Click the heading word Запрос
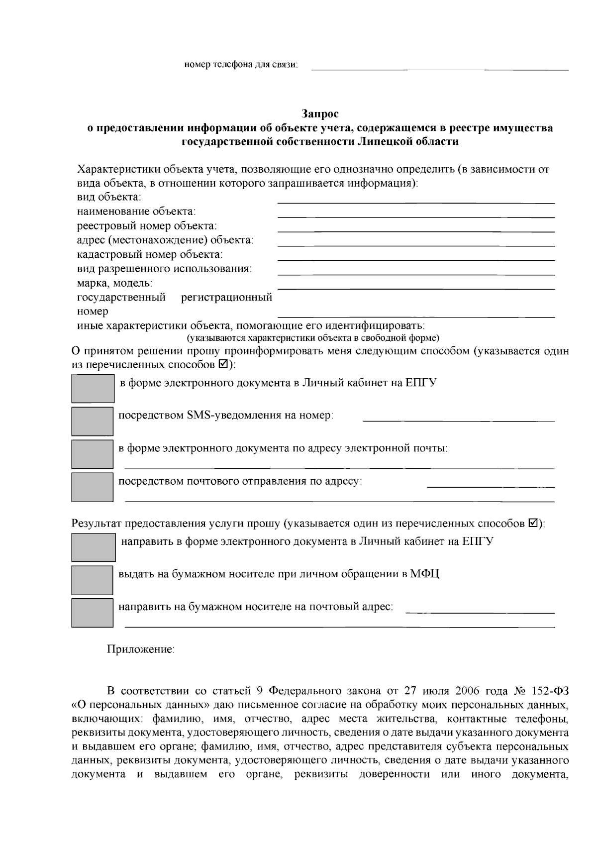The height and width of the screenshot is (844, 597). pos(320,114)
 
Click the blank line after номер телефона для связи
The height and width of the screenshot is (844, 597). pos(440,69)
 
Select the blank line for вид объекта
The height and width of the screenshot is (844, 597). pos(416,202)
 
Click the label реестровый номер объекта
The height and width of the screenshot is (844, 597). pos(147,226)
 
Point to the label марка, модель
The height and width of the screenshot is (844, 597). pos(114,283)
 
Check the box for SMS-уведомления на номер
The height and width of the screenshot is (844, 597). pos(93,421)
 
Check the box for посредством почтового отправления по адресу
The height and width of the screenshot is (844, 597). pos(93,487)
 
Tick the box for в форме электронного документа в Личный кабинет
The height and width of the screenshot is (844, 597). pos(93,388)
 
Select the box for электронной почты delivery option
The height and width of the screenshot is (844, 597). pos(93,454)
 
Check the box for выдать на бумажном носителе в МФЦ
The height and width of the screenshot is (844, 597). pos(93,580)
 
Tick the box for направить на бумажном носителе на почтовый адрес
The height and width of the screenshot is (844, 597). pos(93,613)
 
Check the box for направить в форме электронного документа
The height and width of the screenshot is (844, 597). pos(94,547)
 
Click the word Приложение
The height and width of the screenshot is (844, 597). pos(141,649)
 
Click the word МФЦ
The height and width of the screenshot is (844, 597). pos(425,574)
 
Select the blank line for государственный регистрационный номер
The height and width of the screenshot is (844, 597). pos(416,316)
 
